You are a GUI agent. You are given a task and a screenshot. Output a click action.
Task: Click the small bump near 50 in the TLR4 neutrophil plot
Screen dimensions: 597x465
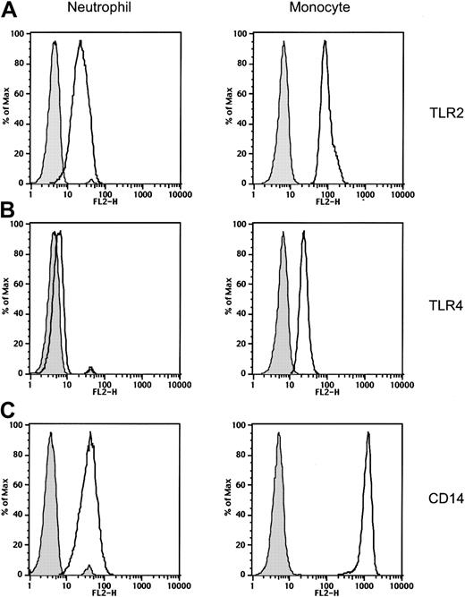click(x=89, y=369)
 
